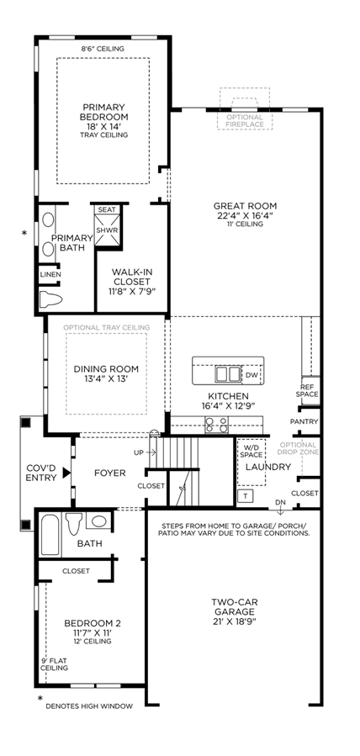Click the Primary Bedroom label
point(104,112)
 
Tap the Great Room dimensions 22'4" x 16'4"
point(246,215)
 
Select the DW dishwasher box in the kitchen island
point(251,375)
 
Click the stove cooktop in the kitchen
point(217,425)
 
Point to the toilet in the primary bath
point(50,299)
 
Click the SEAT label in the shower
point(107,209)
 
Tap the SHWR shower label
point(106,230)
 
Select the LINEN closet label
point(50,274)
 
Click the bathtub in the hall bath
point(50,535)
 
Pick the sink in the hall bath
point(100,521)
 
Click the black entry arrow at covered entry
point(66,473)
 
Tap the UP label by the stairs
point(138,452)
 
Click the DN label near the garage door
point(280,502)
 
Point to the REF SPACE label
point(310,390)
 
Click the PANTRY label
point(304,421)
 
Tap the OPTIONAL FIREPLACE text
point(245,120)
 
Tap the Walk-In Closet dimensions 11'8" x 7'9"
point(130,291)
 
